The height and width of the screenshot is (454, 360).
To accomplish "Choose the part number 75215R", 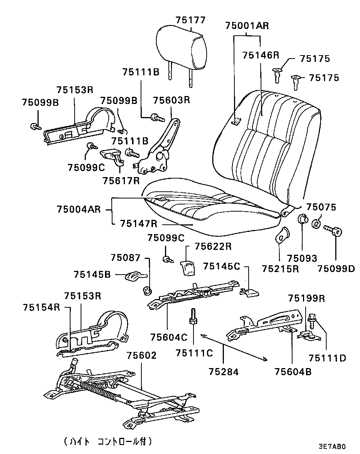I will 280,269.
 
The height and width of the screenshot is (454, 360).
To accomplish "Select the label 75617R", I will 121,180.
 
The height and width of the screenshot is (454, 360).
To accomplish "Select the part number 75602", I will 141,355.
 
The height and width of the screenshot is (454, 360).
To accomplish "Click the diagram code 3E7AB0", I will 331,446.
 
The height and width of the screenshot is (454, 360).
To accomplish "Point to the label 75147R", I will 139,224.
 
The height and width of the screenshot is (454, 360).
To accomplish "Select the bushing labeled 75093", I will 303,218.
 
